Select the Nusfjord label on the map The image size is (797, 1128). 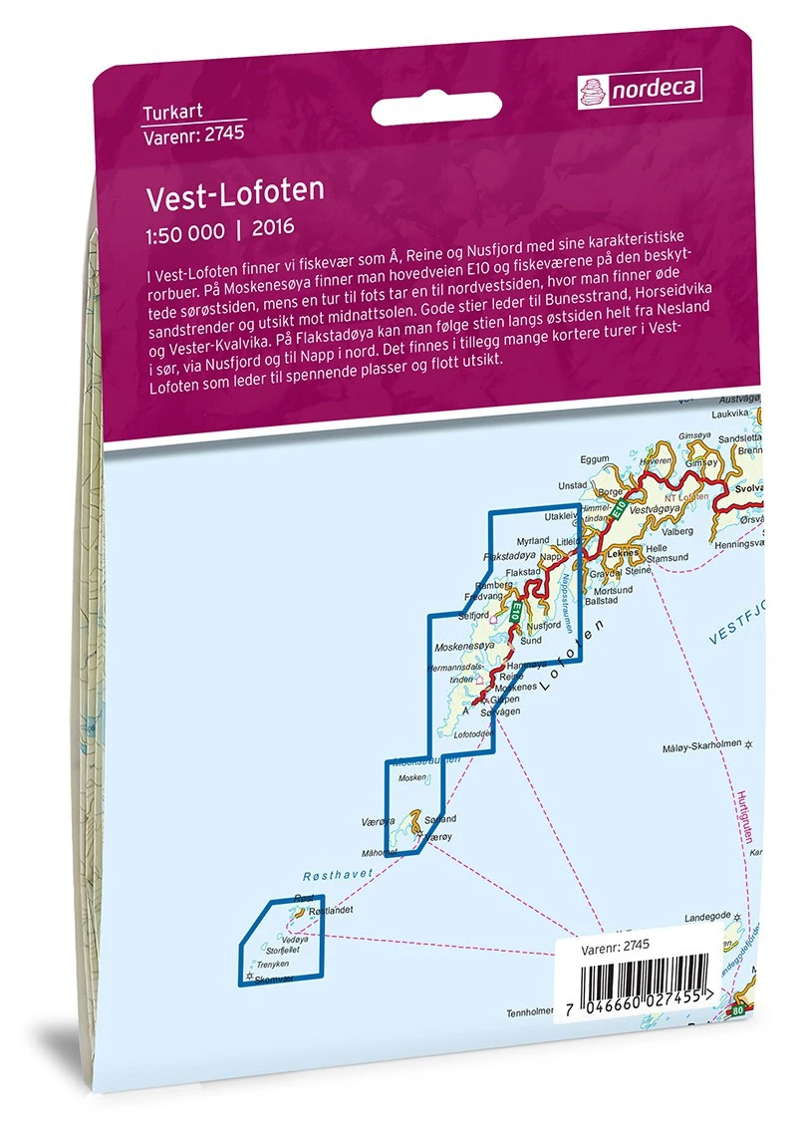(543, 625)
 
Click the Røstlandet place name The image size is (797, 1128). (331, 911)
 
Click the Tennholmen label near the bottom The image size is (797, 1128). (529, 1012)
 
